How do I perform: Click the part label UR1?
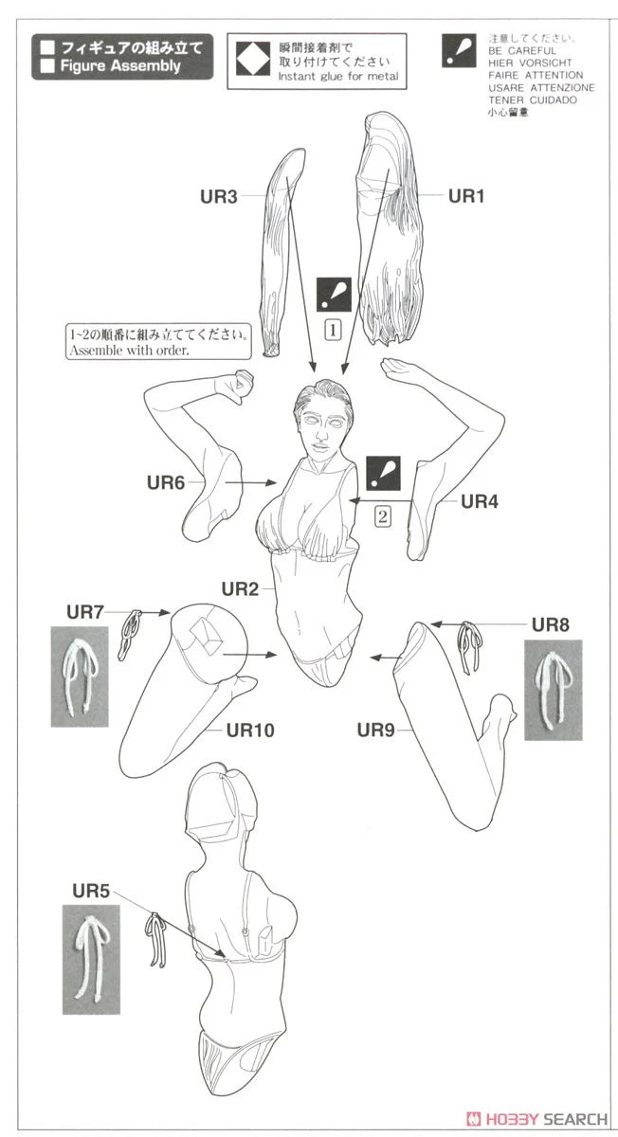466,196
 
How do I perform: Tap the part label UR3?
219,196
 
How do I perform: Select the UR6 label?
166,482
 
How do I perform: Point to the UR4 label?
480,501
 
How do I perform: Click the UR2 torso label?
240,589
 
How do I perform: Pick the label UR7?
85,612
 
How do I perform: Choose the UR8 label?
551,624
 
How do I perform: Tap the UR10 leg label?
250,731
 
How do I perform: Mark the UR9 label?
375,731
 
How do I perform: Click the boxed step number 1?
333,331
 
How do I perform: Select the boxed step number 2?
383,516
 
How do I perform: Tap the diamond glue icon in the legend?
252,61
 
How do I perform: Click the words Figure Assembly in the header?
120,66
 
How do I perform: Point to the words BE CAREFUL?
522,51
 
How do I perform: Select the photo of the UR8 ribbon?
553,690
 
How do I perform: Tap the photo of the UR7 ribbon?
80,677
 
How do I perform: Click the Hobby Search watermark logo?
536,1119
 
